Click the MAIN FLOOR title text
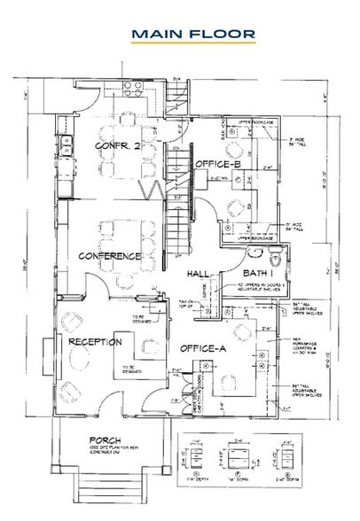point(192,33)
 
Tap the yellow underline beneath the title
point(192,43)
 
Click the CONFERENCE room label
point(111,255)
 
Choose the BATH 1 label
point(260,275)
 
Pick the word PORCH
point(105,439)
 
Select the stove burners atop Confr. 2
point(134,89)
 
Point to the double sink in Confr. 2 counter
point(67,142)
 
